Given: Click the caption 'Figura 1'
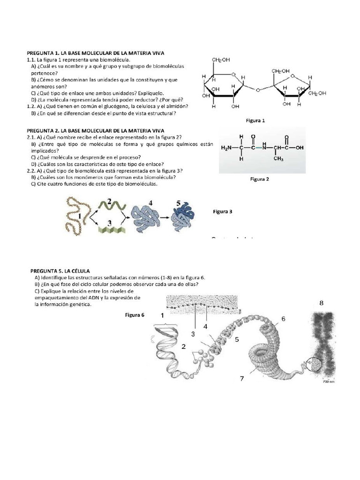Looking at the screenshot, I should pos(255,120).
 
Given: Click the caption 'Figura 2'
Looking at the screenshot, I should pos(259,179).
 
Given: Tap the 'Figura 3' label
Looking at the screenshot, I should pos(223,211).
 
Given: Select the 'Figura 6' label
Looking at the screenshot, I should pos(135,315).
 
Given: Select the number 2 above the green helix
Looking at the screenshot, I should pos(109,201).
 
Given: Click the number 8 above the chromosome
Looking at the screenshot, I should pos(322,303).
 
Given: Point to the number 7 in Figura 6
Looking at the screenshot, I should pos(242,378).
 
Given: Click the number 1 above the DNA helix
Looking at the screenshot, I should pos(163,315).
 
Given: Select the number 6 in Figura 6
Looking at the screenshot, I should pos(283,319).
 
